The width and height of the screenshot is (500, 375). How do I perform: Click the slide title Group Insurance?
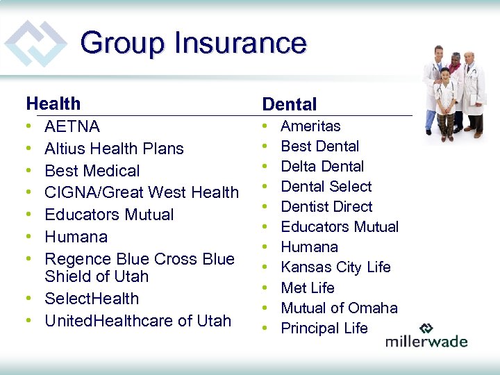193,43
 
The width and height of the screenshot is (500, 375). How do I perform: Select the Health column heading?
53,104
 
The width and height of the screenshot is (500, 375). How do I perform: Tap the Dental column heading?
289,105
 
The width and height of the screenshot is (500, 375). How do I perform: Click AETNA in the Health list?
72,126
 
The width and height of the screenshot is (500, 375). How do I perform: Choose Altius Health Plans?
114,149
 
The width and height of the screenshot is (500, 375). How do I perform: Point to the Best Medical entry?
92,171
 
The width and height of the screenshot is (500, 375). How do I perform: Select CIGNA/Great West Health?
141,192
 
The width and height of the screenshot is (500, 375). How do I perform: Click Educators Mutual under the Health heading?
109,215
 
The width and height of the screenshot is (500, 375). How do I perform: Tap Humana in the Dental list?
309,247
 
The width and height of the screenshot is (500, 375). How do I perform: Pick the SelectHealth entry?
92,299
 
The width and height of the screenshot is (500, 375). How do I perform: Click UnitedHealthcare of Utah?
137,321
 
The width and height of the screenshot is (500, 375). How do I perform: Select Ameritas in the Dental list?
310,126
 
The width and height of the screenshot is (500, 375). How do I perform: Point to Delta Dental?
322,167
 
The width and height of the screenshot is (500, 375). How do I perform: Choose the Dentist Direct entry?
326,207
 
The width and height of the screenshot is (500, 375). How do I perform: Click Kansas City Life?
335,267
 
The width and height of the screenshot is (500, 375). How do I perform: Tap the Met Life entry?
307,287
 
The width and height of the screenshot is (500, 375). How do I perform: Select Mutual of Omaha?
339,308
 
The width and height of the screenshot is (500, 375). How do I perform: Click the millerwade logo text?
426,341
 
